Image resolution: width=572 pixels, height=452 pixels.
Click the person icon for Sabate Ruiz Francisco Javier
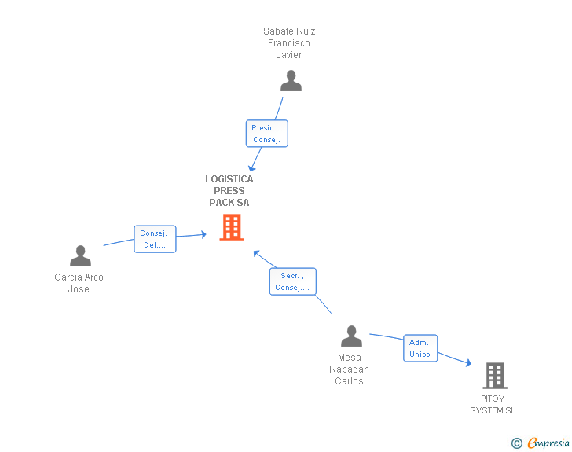tap(291, 81)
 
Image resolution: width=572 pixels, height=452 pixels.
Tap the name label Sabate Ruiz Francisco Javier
tap(289, 43)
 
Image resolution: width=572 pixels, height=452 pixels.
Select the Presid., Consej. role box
tap(267, 134)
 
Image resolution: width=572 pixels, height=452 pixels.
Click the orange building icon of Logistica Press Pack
tap(232, 227)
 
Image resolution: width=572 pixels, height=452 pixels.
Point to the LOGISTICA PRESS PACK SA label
tap(229, 191)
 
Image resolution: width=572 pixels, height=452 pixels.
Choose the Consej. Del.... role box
tap(154, 239)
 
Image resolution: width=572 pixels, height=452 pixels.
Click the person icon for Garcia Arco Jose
tap(80, 256)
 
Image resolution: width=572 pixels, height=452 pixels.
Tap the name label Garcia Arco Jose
tap(79, 283)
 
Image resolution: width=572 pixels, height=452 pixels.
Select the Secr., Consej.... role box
tap(292, 281)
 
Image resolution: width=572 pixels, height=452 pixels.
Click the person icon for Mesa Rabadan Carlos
tap(351, 336)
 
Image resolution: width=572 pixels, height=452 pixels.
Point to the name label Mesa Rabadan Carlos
tap(349, 369)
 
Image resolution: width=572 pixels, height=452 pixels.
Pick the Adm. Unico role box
tap(420, 348)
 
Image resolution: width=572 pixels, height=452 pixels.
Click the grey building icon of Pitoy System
tap(494, 376)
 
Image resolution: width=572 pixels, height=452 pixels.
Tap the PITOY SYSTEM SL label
tap(493, 405)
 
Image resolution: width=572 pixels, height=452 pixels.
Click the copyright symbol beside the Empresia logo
tap(516, 443)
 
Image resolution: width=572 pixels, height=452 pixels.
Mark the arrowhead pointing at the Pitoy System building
tap(468, 363)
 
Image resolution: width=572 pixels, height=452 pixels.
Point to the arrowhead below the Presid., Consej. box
tap(251, 167)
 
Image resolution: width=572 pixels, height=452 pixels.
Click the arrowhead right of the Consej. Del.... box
tap(203, 234)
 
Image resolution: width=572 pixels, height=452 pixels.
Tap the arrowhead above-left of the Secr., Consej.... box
tap(256, 253)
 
